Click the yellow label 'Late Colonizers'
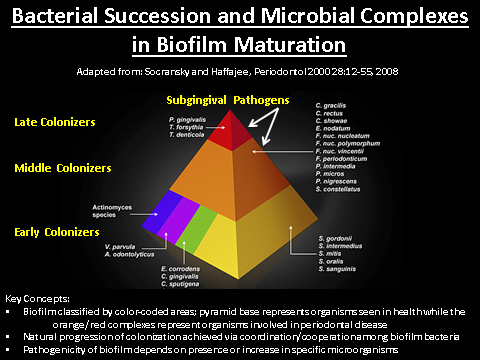tap(56, 122)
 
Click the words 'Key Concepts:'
tap(36, 299)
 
